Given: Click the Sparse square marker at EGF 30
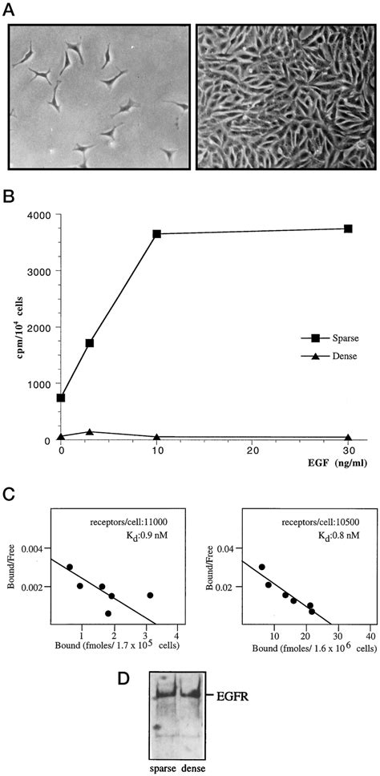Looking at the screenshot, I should pos(348,229).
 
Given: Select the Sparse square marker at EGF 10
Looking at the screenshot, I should pos(156,234).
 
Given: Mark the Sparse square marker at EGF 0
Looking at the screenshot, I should pos(61,398).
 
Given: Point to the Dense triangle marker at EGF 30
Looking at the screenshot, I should pos(348,437).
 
